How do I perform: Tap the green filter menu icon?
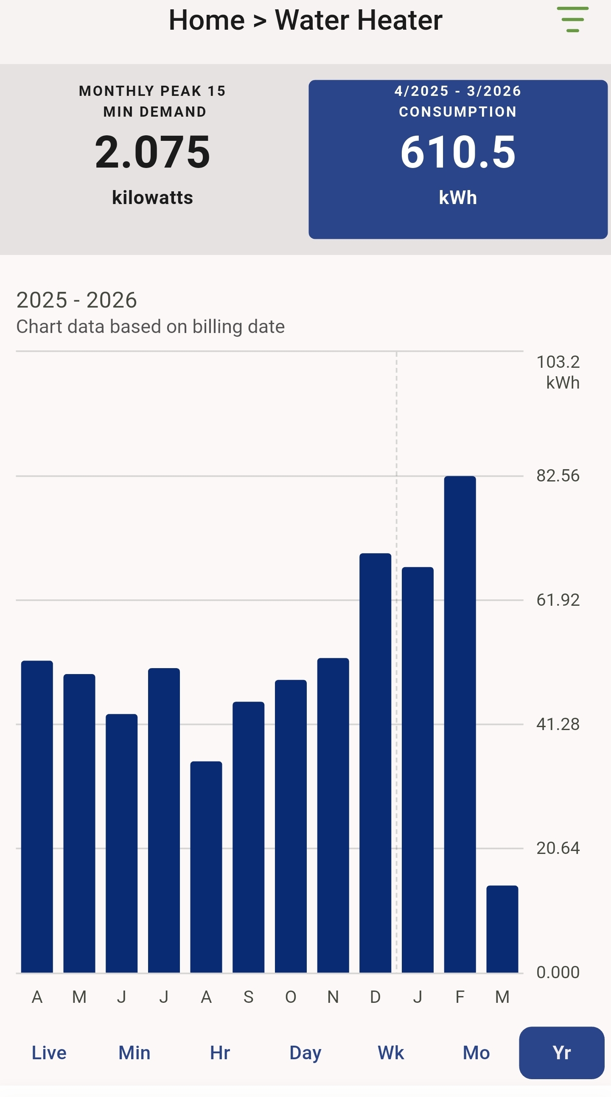(573, 20)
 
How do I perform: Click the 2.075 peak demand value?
(152, 152)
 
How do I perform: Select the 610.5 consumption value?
(458, 152)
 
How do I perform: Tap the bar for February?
(460, 724)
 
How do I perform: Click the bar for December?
(375, 762)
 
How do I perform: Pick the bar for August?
(206, 867)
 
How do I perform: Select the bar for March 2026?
(502, 929)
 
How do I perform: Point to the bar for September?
(248, 837)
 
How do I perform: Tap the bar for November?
(333, 815)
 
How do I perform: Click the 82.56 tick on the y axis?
(558, 476)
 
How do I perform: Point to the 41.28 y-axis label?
(558, 725)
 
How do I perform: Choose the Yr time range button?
(561, 1053)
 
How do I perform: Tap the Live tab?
(49, 1053)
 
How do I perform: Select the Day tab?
(305, 1053)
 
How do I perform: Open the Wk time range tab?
(391, 1053)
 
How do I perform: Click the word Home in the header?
(207, 20)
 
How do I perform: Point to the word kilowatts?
(152, 198)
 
